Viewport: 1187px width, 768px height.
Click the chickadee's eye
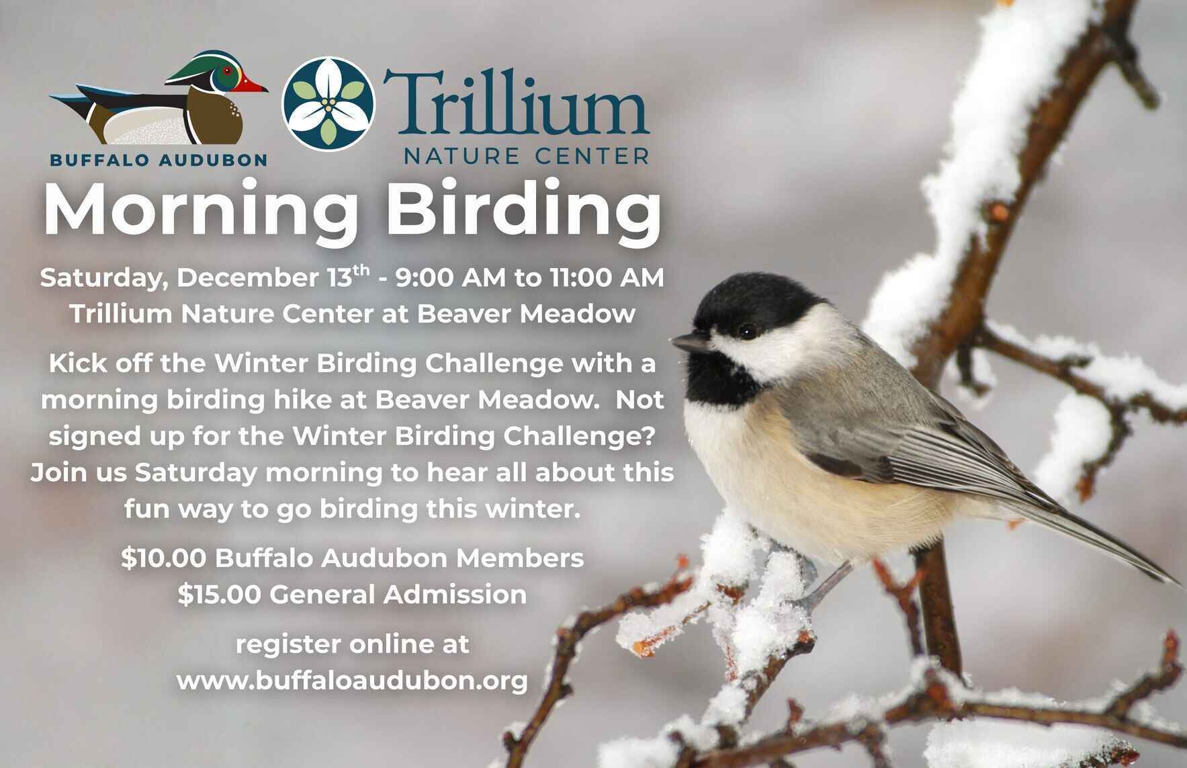[746, 331]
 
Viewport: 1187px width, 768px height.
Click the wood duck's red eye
[229, 71]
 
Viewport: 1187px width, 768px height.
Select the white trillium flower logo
[328, 103]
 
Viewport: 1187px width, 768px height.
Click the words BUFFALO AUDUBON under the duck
[159, 160]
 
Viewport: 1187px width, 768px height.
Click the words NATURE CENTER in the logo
[526, 157]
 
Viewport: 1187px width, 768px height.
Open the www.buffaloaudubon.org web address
[352, 681]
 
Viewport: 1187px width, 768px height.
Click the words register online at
[352, 644]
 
